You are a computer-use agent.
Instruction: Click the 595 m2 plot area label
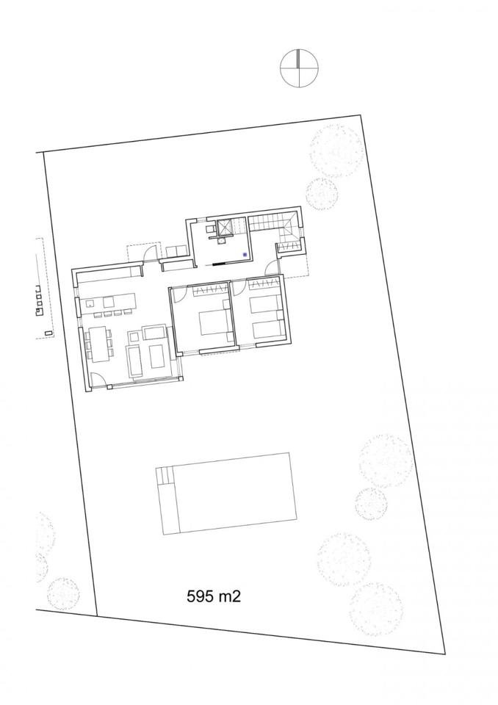click(x=214, y=596)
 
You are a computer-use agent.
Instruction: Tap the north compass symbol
click(x=299, y=68)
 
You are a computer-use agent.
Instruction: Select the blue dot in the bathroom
click(x=245, y=255)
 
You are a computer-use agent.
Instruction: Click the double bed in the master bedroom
click(x=213, y=321)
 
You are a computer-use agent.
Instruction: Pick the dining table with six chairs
click(x=98, y=343)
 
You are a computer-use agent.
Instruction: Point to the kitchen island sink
click(x=91, y=303)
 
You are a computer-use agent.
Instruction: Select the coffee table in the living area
click(x=156, y=355)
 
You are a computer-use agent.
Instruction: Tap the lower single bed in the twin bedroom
click(x=267, y=330)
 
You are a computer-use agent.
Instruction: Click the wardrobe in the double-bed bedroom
click(x=209, y=291)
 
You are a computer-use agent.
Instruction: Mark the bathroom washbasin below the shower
click(x=222, y=241)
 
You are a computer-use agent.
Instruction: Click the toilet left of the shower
click(x=211, y=229)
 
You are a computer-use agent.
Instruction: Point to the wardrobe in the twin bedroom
click(x=264, y=284)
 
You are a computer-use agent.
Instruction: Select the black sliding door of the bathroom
click(x=221, y=264)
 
